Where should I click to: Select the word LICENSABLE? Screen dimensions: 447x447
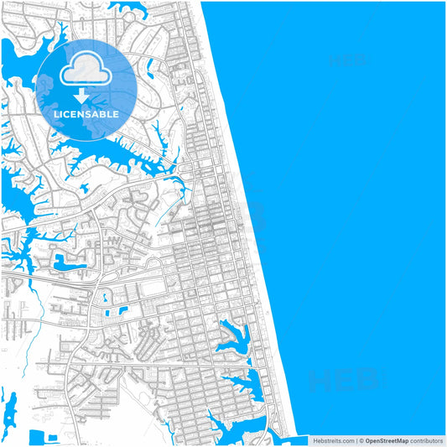point(86,114)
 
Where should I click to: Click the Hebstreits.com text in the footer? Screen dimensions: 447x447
point(333,440)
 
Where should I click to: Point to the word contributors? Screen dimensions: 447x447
point(427,440)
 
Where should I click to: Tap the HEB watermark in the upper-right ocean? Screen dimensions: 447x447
point(346,60)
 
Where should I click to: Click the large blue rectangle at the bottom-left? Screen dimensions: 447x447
point(39,438)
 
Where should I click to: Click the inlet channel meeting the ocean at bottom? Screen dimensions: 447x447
point(281,436)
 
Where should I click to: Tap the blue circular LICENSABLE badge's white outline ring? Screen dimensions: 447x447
point(86,39)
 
